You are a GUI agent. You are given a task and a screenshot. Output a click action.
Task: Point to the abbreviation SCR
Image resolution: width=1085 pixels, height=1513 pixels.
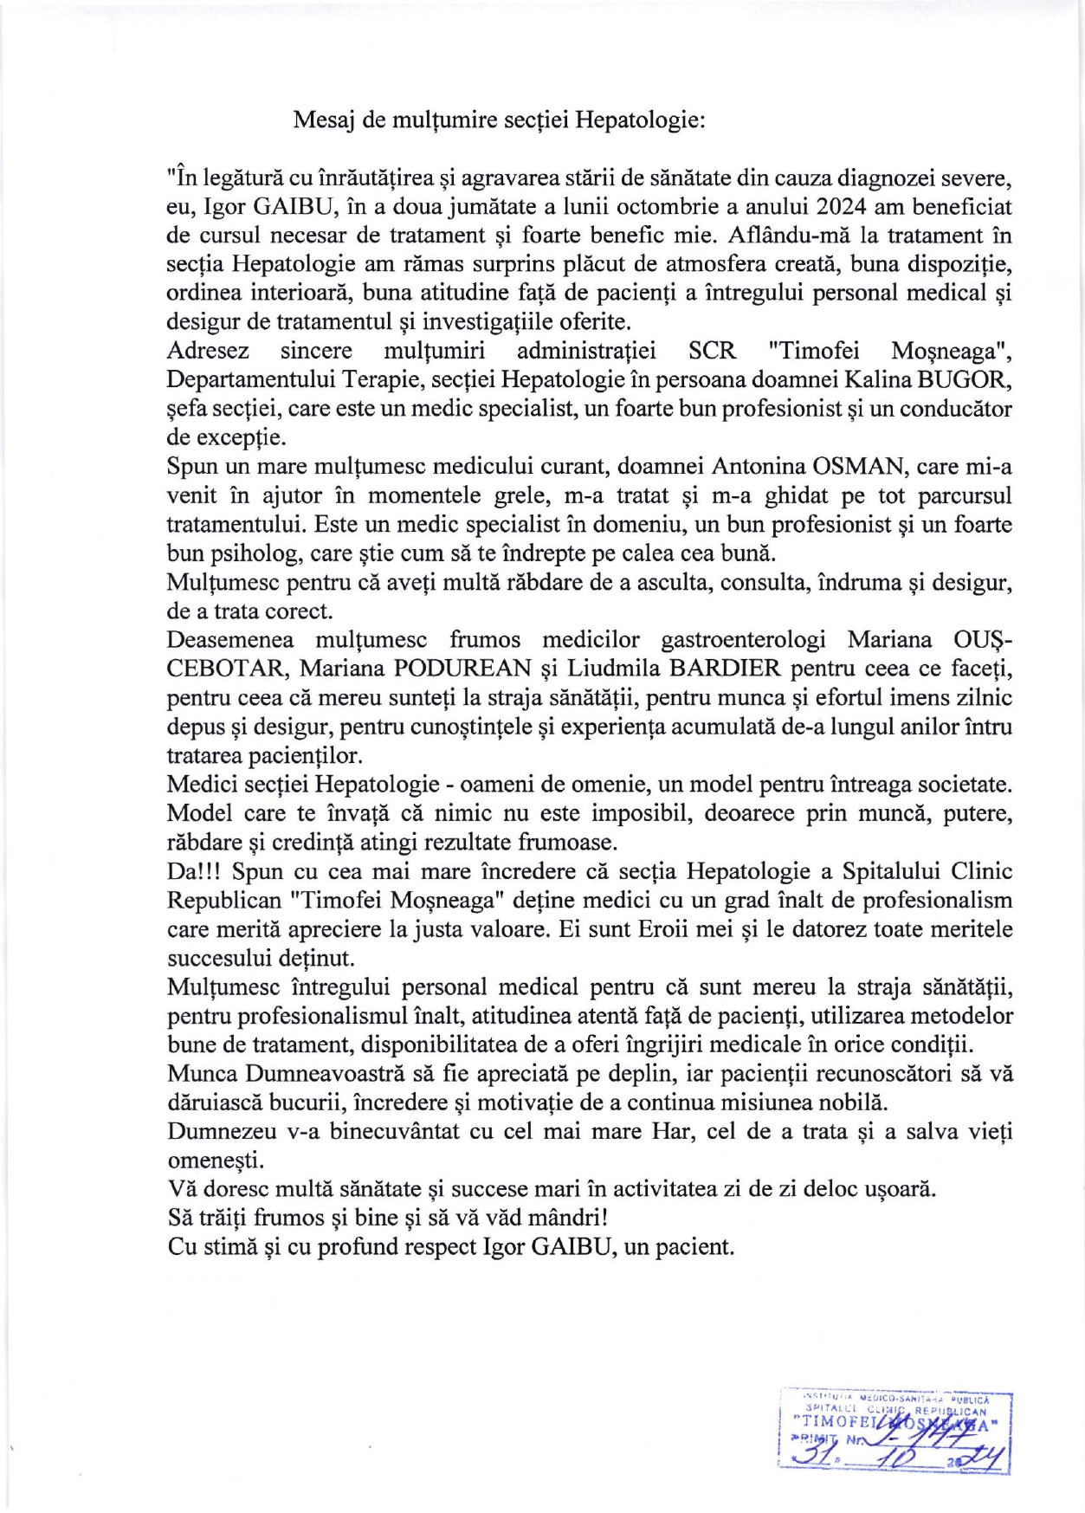pyautogui.click(x=712, y=351)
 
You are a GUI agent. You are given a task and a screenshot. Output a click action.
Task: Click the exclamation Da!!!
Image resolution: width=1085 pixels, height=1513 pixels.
pyautogui.click(x=196, y=871)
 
